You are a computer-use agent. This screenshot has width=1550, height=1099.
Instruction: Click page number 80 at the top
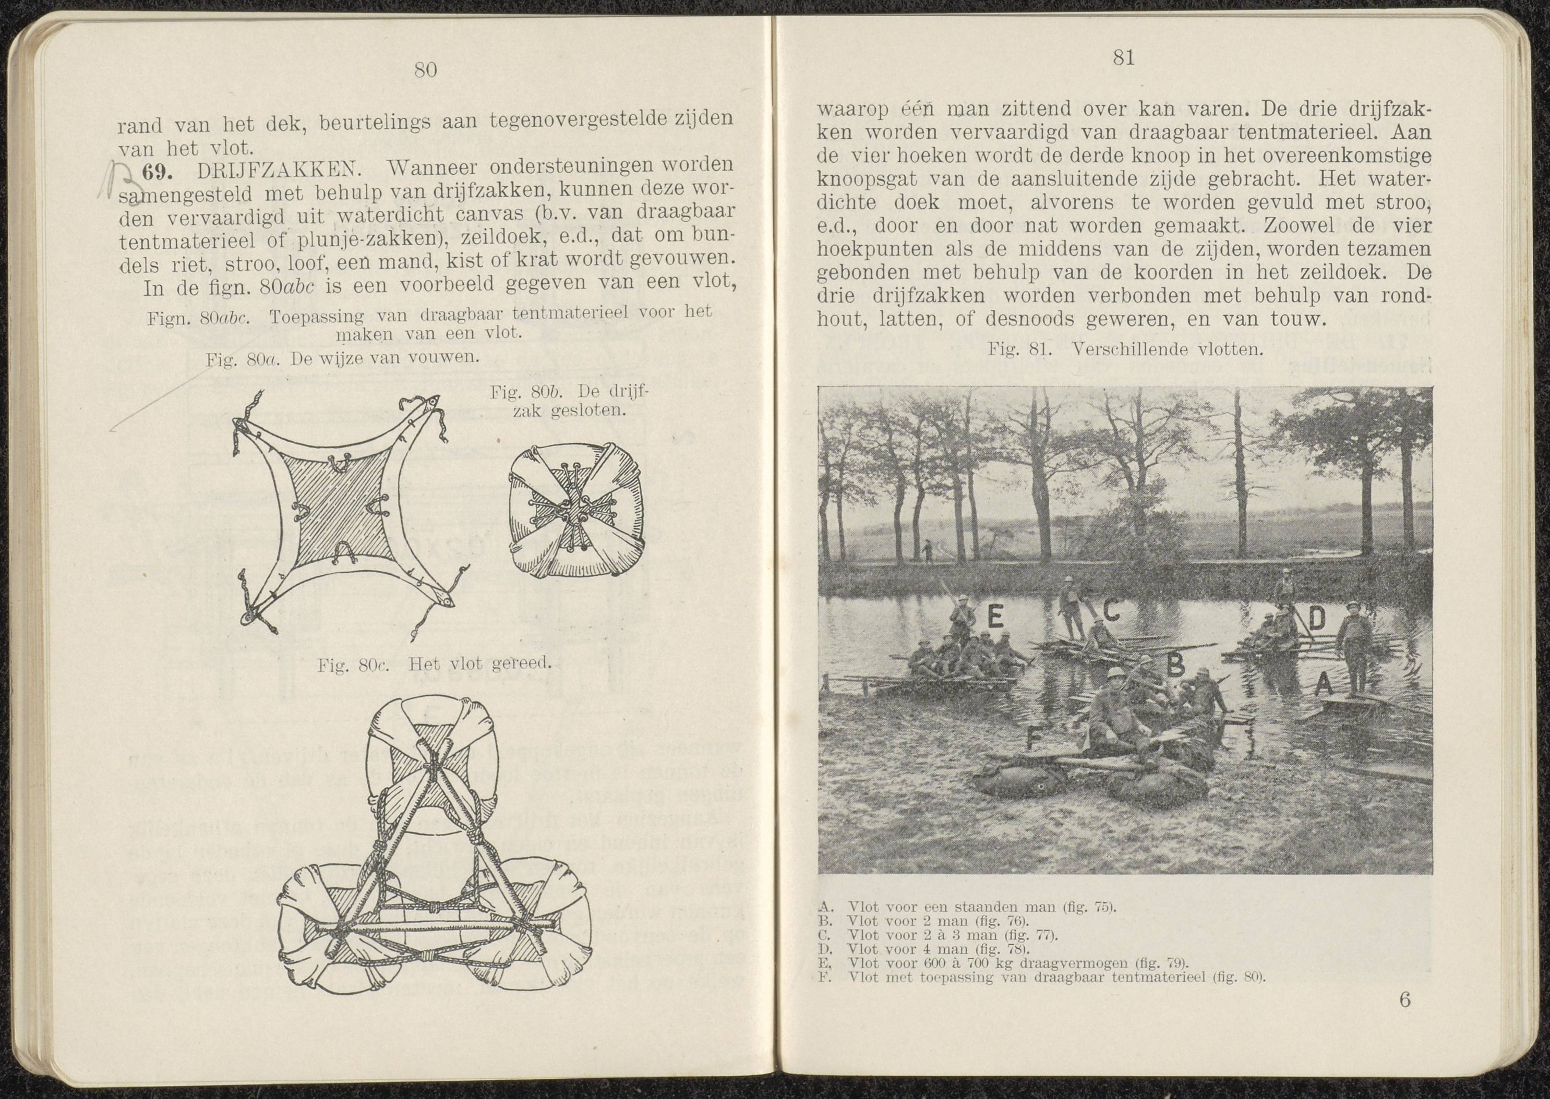[x=425, y=70]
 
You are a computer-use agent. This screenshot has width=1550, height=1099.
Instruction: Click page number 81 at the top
[x=1123, y=59]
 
